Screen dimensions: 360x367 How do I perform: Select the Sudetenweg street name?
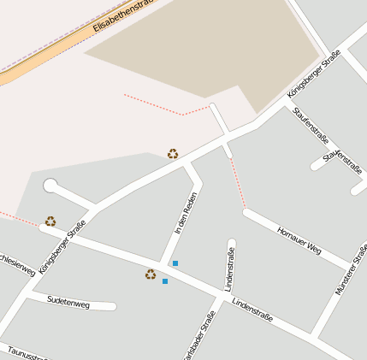[x=68, y=302]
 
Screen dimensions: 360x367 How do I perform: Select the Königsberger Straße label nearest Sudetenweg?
[x=63, y=245]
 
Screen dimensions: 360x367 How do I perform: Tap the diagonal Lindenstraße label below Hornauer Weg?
[x=252, y=310]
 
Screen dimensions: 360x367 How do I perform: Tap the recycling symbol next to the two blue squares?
[x=151, y=274]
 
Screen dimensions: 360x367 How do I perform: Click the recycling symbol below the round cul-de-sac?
[x=50, y=221]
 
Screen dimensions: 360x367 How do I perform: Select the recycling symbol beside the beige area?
[x=173, y=154]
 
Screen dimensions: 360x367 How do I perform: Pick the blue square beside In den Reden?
[x=175, y=263]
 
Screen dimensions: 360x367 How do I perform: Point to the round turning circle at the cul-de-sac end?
[x=50, y=186]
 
